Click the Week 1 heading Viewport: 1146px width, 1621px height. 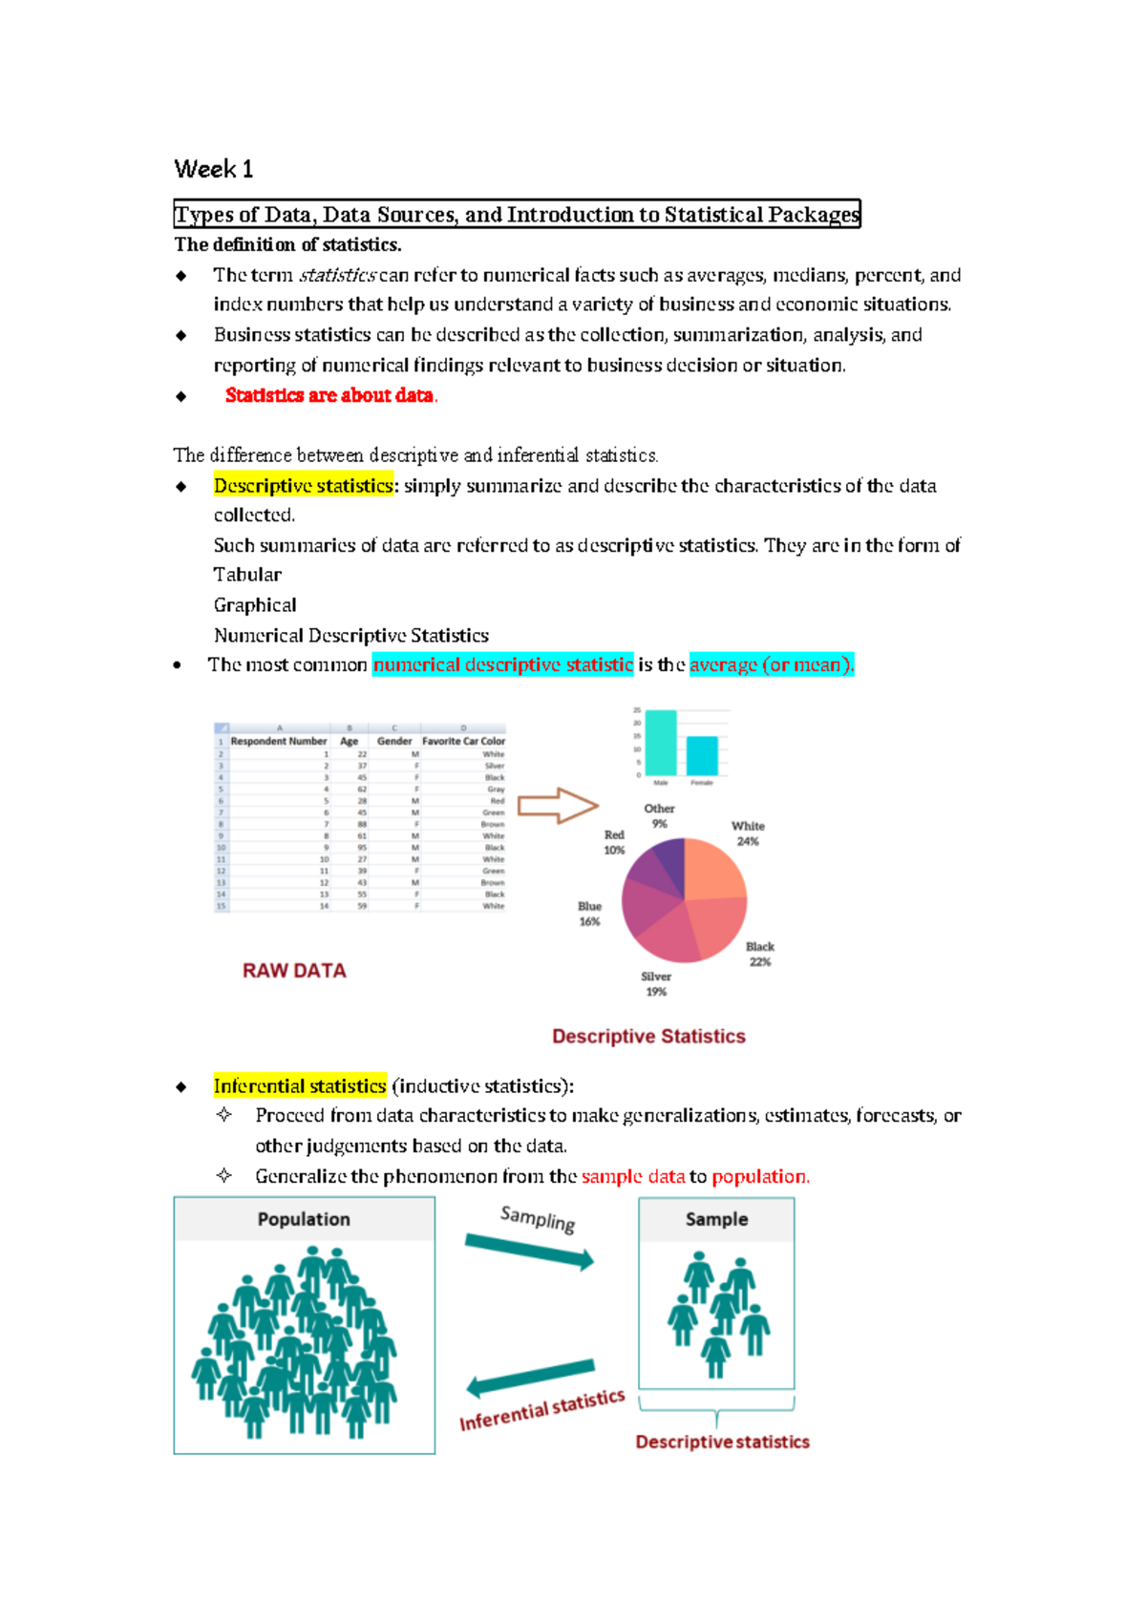point(213,169)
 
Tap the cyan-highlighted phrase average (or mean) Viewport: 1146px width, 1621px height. point(771,664)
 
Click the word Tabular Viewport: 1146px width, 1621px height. point(247,575)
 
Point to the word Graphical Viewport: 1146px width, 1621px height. point(255,605)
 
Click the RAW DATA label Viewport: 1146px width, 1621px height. point(294,970)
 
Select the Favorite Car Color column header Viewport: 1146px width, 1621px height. point(463,741)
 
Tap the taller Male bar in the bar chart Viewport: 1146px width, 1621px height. point(661,743)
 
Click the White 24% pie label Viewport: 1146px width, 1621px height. point(748,833)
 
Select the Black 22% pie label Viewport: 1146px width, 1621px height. point(760,954)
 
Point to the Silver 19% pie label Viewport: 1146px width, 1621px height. point(656,983)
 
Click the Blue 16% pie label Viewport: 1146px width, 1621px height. point(589,914)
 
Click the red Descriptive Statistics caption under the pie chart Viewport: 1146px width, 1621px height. point(648,1036)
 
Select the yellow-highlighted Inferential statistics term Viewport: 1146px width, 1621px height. point(300,1085)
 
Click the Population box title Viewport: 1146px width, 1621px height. point(304,1219)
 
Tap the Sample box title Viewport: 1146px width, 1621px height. point(716,1219)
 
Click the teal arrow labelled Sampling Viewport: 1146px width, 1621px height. point(529,1252)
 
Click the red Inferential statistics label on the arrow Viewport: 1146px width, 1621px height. point(541,1410)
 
